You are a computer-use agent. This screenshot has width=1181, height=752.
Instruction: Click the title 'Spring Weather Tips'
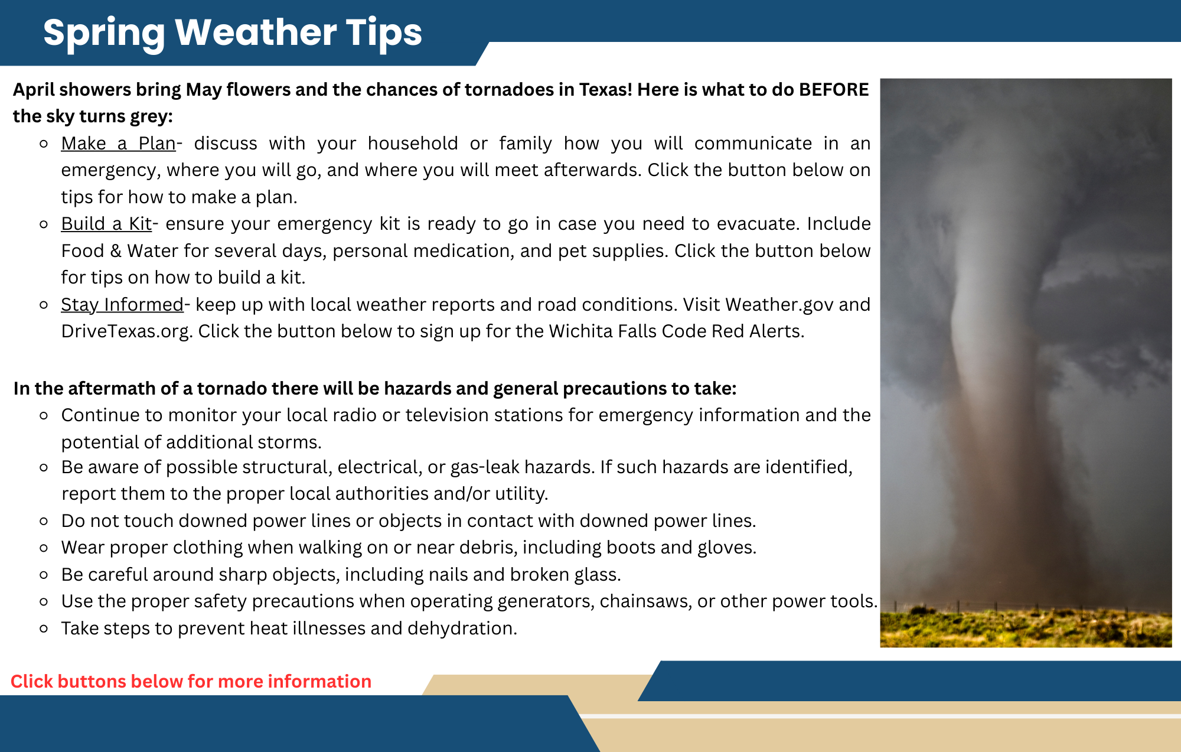pos(233,32)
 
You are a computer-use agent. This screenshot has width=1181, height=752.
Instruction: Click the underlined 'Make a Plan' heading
pos(118,144)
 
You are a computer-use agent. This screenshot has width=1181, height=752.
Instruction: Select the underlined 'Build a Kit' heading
pos(106,224)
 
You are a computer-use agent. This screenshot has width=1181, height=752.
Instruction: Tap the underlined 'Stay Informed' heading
pos(122,305)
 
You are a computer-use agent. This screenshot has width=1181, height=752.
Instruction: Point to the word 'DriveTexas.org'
pos(126,331)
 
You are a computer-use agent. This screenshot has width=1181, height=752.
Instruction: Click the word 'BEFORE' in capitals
pos(833,90)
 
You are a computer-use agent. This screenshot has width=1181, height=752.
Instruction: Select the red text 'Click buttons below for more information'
pos(191,681)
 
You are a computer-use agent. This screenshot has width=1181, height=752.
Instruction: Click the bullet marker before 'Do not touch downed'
pos(44,521)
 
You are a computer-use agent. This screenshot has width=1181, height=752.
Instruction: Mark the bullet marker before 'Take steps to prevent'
pos(44,629)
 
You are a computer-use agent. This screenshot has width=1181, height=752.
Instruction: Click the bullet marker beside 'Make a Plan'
pos(44,144)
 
